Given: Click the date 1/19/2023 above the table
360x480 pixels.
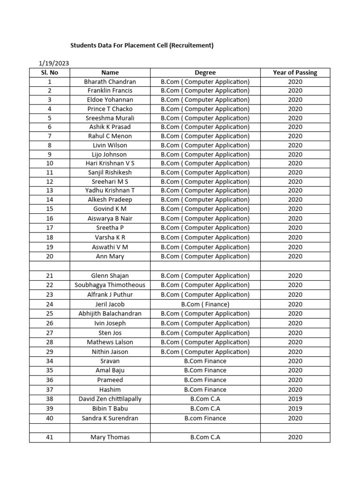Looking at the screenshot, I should click(x=53, y=63).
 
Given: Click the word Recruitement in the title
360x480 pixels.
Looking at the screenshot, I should click(x=191, y=45).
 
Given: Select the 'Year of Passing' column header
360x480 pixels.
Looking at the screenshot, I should click(x=295, y=73).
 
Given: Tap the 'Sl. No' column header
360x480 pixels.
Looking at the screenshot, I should click(x=50, y=73).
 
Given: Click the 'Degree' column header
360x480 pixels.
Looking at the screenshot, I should click(x=205, y=73).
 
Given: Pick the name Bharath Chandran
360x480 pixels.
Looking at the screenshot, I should click(x=110, y=82).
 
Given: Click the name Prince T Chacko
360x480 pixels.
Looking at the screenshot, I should click(x=110, y=109).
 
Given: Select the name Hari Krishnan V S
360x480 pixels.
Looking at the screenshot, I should click(x=110, y=163).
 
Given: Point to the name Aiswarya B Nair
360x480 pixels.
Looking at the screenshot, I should click(x=110, y=218).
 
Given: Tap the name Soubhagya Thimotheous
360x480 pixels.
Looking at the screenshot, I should click(x=110, y=285).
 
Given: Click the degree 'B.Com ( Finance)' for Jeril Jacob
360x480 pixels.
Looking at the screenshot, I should click(x=205, y=304).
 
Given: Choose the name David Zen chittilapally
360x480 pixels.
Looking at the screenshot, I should click(x=110, y=399).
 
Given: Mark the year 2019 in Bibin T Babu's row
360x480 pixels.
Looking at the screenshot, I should click(x=295, y=408).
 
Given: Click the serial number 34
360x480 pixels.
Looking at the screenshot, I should click(x=50, y=361).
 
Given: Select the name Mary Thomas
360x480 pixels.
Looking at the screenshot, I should click(x=110, y=437).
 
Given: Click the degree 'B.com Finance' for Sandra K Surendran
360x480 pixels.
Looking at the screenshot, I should click(x=205, y=418).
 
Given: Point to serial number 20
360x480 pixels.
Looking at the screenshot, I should click(x=50, y=256).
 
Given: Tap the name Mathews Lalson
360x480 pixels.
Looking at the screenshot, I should click(x=110, y=342).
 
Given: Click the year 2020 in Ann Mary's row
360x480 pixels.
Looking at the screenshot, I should click(x=295, y=256).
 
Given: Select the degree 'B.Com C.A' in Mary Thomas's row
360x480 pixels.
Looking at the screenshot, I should click(x=205, y=437).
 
